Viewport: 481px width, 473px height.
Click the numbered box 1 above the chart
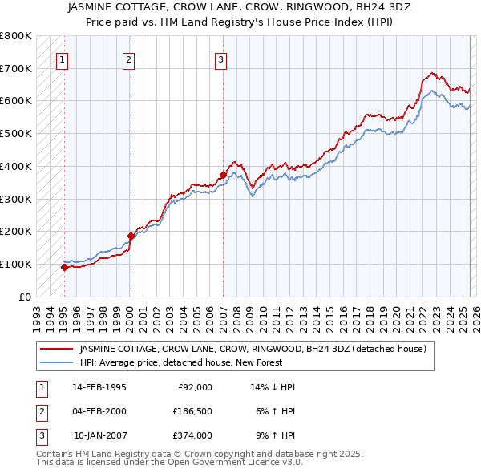[x=63, y=58]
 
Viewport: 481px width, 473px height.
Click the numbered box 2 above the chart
[x=128, y=58]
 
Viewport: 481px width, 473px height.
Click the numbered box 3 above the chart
[x=221, y=58]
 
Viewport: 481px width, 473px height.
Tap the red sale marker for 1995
[x=64, y=267]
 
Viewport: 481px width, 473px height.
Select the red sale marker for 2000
[x=130, y=236]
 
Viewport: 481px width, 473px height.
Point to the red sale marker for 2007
[x=223, y=174]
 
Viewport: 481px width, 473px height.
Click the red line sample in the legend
[x=56, y=349]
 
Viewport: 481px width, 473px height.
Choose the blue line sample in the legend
[x=56, y=362]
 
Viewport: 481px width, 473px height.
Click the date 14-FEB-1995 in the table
[x=99, y=387]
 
